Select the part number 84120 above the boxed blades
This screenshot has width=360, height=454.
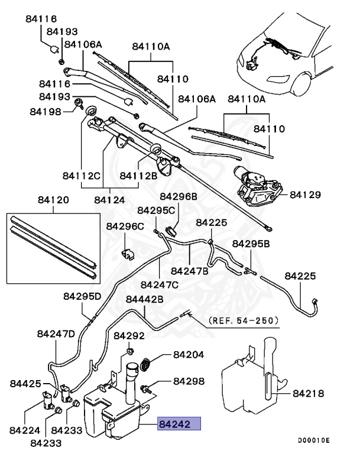[53, 200]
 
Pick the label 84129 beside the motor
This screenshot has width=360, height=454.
[306, 194]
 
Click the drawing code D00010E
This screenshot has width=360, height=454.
[313, 440]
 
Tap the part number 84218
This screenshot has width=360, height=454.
[309, 392]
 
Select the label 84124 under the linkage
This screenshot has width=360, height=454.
[109, 200]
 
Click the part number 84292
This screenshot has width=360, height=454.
[129, 336]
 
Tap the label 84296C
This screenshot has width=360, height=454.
[125, 226]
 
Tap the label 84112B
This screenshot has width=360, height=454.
[138, 175]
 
